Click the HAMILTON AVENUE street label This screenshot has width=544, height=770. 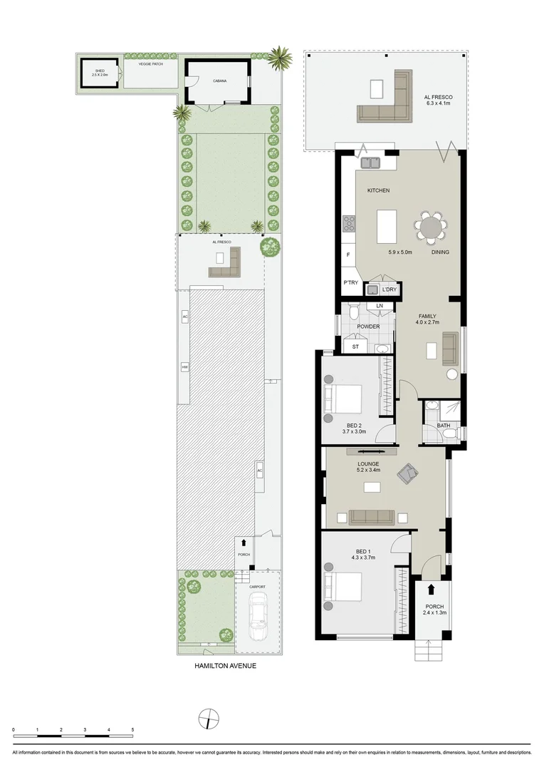pyautogui.click(x=225, y=667)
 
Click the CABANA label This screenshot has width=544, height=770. pyautogui.click(x=219, y=81)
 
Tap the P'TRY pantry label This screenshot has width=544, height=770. pyautogui.click(x=350, y=283)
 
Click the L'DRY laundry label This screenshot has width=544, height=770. pyautogui.click(x=389, y=290)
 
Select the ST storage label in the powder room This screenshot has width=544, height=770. pyautogui.click(x=355, y=347)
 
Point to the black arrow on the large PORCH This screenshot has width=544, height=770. pyautogui.click(x=431, y=589)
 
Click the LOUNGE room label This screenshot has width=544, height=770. pyautogui.click(x=368, y=463)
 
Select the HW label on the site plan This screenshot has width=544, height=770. pyautogui.click(x=184, y=367)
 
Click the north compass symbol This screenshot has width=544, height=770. pyautogui.click(x=207, y=718)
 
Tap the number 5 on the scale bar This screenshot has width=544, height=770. pyautogui.click(x=132, y=730)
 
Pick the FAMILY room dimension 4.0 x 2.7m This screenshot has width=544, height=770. pyautogui.click(x=427, y=322)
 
